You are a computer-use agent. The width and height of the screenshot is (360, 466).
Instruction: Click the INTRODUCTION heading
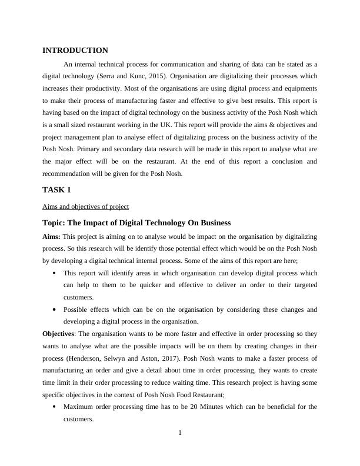tap(75, 51)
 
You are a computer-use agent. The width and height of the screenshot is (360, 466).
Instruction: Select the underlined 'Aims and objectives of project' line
tap(86, 207)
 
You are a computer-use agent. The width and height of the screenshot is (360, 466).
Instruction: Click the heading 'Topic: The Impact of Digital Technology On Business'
tap(136, 223)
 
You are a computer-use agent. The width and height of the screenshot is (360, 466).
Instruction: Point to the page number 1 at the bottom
tap(180, 434)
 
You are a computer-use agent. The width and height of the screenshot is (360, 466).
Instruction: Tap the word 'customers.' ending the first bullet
tap(78, 297)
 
